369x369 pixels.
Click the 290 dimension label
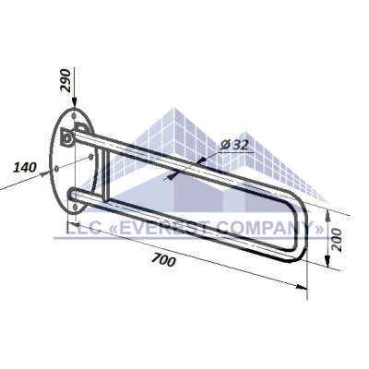[65, 80]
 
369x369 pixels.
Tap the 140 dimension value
[25, 168]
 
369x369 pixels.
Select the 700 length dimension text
[164, 260]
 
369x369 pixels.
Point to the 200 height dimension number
[337, 240]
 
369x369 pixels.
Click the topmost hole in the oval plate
[74, 116]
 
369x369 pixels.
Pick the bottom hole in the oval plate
[75, 207]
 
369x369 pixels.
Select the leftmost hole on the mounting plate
[56, 169]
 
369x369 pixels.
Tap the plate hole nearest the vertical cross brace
[90, 157]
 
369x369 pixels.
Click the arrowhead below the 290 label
[75, 102]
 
